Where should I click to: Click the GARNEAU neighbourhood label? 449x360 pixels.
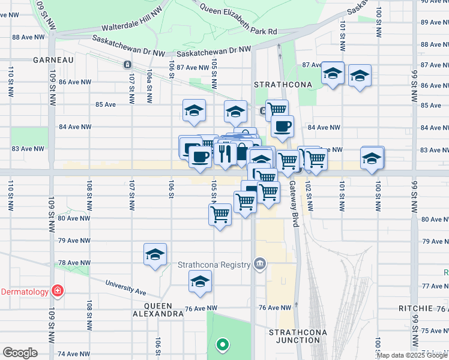tap(53, 60)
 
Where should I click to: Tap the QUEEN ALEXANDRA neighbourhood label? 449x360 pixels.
tap(158, 309)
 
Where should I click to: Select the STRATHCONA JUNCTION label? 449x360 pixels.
tap(294, 336)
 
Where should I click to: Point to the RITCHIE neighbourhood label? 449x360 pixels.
tap(415, 308)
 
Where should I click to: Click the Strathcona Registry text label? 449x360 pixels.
tap(214, 265)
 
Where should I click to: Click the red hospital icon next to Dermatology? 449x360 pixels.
tap(57, 292)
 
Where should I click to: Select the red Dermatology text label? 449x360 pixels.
tap(24, 292)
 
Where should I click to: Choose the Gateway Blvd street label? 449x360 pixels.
tap(294, 196)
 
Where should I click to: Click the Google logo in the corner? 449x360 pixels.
tap(20, 353)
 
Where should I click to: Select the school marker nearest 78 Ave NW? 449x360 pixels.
tap(155, 254)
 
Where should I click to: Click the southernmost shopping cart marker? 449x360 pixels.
tap(220, 213)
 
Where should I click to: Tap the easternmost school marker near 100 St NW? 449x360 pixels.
tap(373, 157)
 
